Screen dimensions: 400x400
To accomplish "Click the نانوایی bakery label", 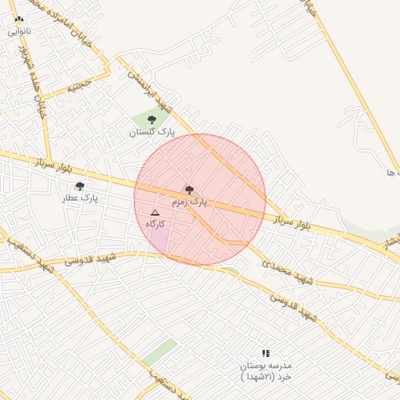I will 20,32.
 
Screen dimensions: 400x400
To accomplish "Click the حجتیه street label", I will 78,87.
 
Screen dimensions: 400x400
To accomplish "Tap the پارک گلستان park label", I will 152,133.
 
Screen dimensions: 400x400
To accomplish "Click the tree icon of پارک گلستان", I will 152,120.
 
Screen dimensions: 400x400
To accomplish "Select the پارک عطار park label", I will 80,198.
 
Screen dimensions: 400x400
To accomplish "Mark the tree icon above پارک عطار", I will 80,186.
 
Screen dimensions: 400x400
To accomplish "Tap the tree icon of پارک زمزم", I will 189,190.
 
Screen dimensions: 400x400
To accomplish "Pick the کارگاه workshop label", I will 155,224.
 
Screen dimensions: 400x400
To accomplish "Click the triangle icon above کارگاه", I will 155,212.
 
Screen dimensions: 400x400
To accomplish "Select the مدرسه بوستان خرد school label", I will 266,371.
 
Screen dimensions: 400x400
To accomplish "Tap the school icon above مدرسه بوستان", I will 266,353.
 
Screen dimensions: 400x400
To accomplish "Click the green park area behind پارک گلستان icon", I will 141,120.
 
